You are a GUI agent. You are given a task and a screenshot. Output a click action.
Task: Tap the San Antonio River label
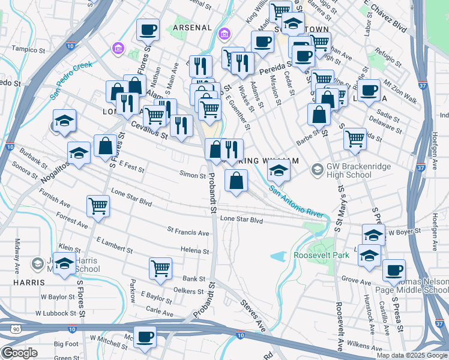(x=296, y=203)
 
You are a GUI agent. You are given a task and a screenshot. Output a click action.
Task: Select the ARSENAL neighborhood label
(x=193, y=28)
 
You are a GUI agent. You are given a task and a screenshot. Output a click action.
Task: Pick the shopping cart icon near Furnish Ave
(x=98, y=205)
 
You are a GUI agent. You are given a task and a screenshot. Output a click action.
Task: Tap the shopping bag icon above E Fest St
(x=105, y=145)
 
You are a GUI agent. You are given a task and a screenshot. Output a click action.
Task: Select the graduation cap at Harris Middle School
(x=64, y=263)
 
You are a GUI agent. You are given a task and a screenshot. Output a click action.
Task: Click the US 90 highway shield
(x=15, y=328)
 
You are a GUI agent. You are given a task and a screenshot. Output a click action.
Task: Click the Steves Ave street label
(x=253, y=315)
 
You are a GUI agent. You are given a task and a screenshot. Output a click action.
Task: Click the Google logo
(x=19, y=353)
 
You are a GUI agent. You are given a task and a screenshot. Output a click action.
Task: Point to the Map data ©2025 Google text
(x=411, y=355)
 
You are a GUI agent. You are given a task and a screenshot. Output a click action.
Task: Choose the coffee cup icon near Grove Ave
(x=394, y=269)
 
